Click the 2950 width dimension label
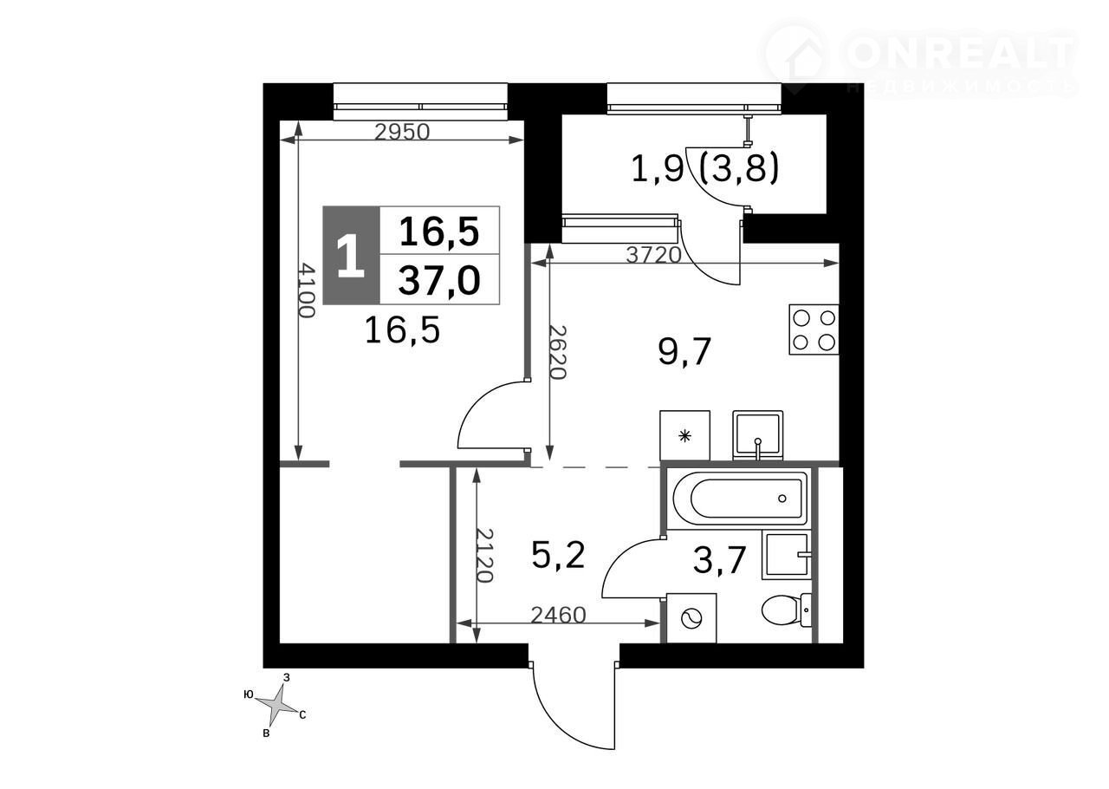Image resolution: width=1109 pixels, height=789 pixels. (x=402, y=133)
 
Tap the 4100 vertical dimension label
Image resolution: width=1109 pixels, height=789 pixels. (x=307, y=290)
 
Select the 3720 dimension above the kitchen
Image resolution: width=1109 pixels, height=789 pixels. (x=654, y=255)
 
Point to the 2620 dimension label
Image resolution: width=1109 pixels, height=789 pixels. (x=557, y=352)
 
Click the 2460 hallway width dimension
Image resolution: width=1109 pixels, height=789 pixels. (x=559, y=616)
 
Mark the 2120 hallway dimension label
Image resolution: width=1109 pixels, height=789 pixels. (x=485, y=555)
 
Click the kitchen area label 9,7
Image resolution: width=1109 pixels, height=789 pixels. (x=684, y=352)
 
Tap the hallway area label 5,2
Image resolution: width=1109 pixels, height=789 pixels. (x=559, y=555)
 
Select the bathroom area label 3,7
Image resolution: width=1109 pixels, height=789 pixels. (x=719, y=560)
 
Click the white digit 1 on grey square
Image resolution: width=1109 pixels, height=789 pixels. (x=351, y=256)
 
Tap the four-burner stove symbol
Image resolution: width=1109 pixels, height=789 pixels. (x=814, y=329)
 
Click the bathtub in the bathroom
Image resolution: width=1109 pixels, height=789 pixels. (x=741, y=499)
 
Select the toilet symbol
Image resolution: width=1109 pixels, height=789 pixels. (x=786, y=610)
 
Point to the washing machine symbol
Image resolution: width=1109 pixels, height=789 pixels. (x=691, y=618)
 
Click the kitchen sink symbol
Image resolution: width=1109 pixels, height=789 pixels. (x=757, y=435)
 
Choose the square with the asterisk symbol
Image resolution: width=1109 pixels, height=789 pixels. (x=684, y=435)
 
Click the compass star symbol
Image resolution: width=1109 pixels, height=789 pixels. (x=277, y=705)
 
